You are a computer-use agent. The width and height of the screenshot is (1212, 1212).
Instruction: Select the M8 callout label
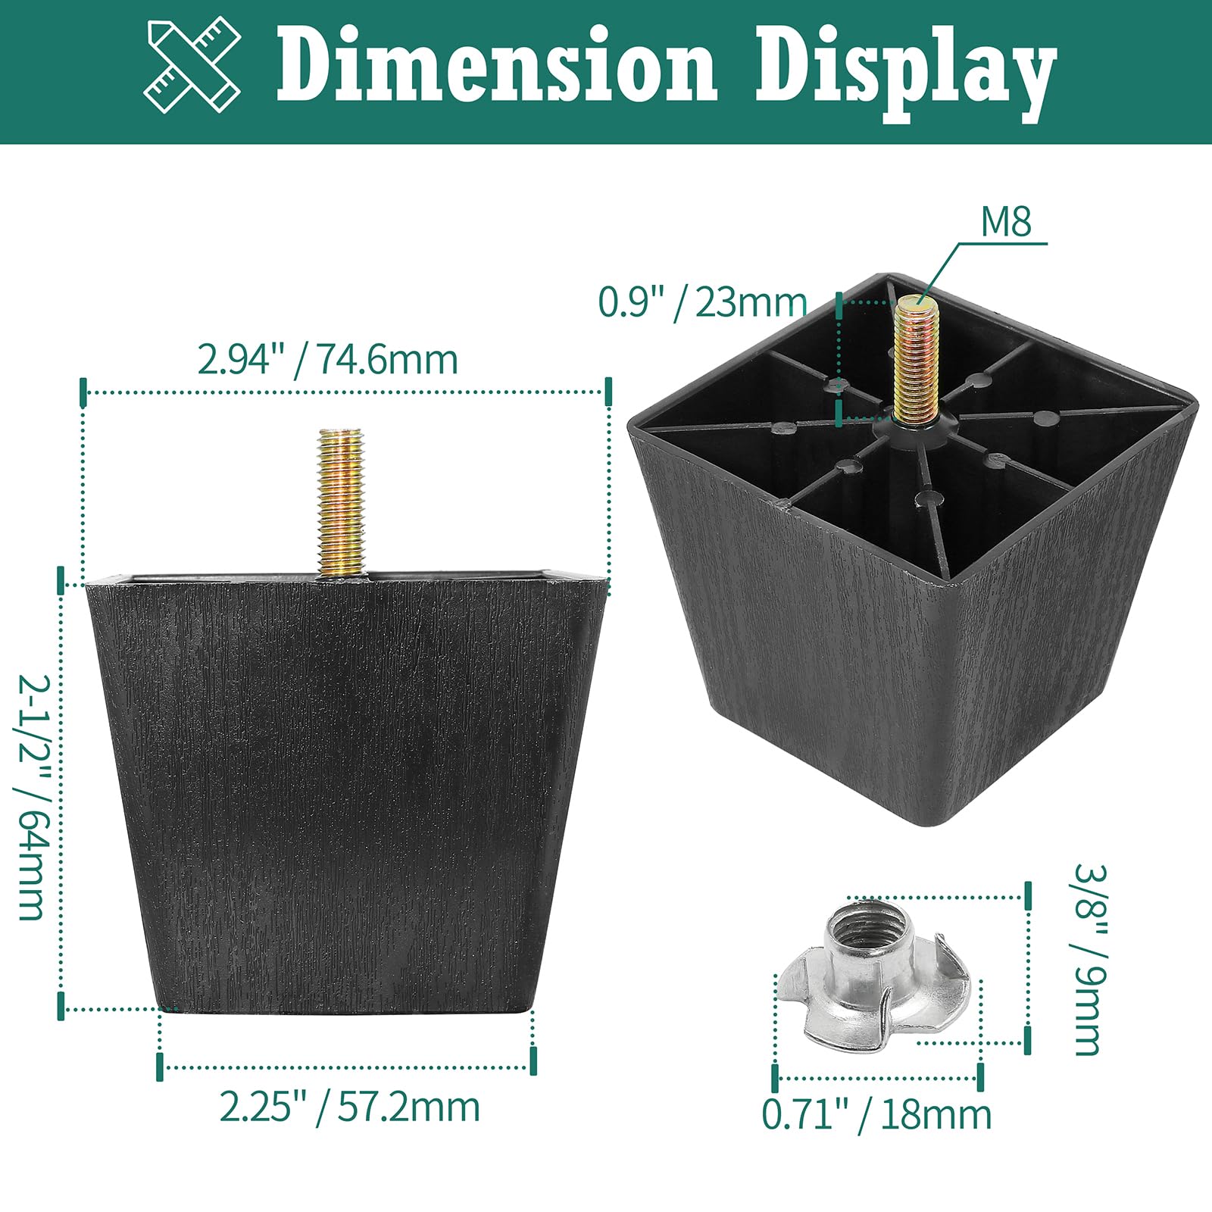tap(1006, 223)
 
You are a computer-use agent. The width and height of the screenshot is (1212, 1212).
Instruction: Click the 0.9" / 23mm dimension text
tap(702, 303)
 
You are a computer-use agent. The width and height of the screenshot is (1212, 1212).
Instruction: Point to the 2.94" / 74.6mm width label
tap(327, 359)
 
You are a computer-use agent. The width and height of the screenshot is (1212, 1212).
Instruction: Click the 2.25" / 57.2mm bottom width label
tap(349, 1107)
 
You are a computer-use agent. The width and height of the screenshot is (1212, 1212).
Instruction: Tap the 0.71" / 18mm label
tap(876, 1115)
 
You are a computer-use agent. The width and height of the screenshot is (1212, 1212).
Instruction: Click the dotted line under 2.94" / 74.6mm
tap(345, 392)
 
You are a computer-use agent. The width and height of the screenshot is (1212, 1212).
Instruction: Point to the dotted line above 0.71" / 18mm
tap(877, 1078)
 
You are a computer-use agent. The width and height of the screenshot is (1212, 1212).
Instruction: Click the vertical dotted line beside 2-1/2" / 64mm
tap(61, 795)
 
